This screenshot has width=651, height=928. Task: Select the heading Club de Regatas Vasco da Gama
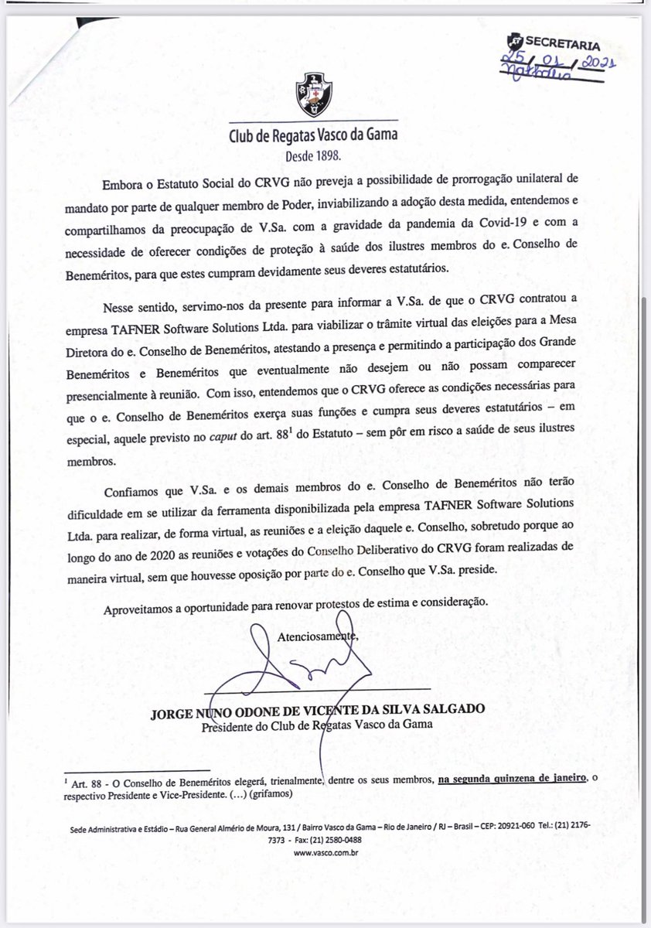[314, 138]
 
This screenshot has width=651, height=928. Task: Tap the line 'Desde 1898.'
[313, 155]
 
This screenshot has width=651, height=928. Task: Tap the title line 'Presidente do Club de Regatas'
[317, 725]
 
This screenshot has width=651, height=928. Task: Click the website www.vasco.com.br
[325, 854]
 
